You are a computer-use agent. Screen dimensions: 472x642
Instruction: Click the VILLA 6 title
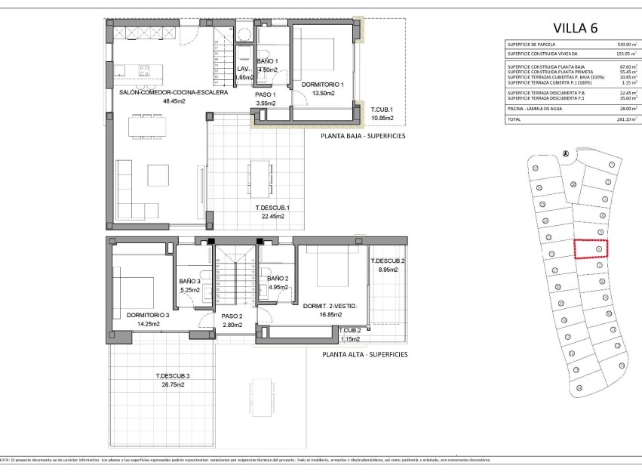(x=575, y=29)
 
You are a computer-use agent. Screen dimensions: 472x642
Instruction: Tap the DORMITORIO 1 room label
(x=322, y=85)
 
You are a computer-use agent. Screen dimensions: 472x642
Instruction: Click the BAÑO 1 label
(x=268, y=61)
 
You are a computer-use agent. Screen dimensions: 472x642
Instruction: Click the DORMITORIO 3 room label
(x=147, y=315)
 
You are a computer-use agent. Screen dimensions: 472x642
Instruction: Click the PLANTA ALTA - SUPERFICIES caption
(x=364, y=353)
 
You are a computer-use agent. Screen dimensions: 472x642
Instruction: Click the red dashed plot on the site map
(x=591, y=248)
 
